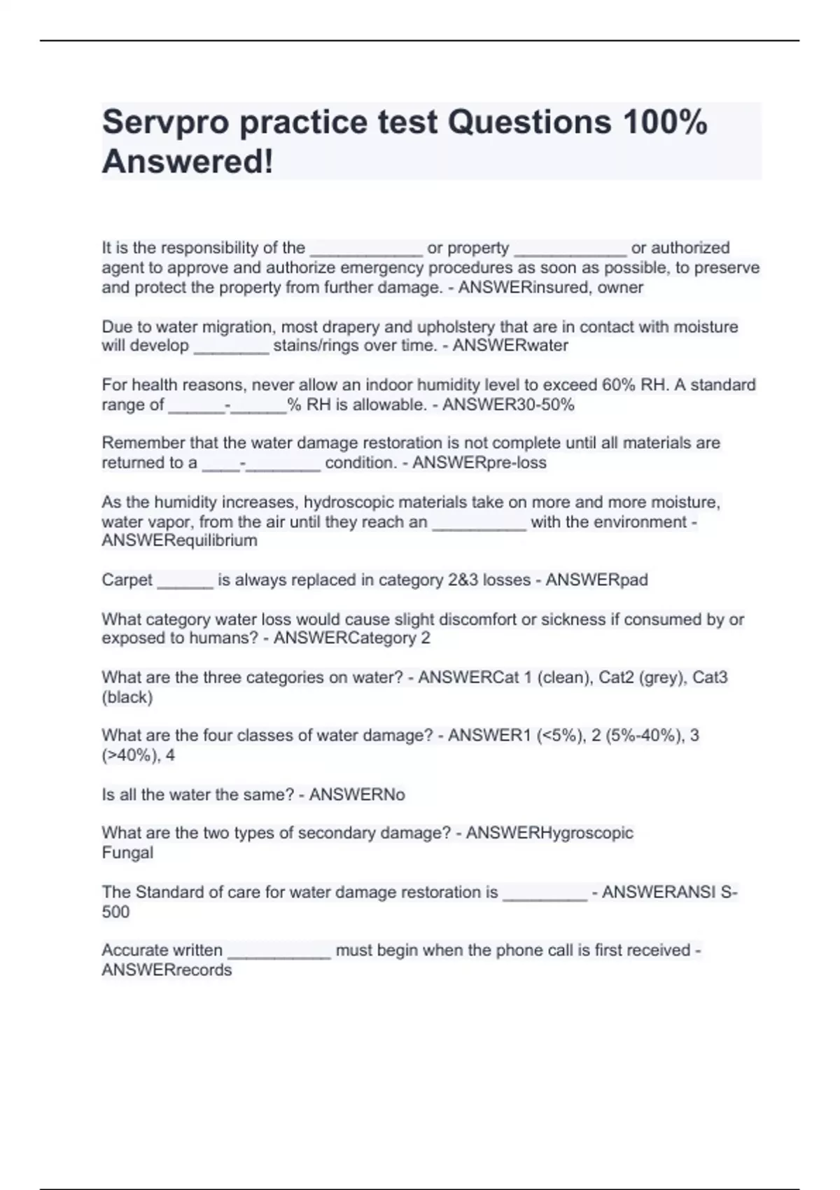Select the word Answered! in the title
188,162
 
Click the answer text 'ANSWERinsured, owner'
550,288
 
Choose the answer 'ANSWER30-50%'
508,405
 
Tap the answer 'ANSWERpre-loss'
479,463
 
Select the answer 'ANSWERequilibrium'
179,541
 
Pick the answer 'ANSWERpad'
596,580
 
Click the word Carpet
127,580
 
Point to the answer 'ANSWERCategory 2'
351,638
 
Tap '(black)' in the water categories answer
127,697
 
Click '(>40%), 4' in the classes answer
138,755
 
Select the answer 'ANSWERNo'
357,795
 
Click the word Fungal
127,853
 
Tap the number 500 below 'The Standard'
115,912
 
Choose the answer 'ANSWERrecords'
167,970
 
